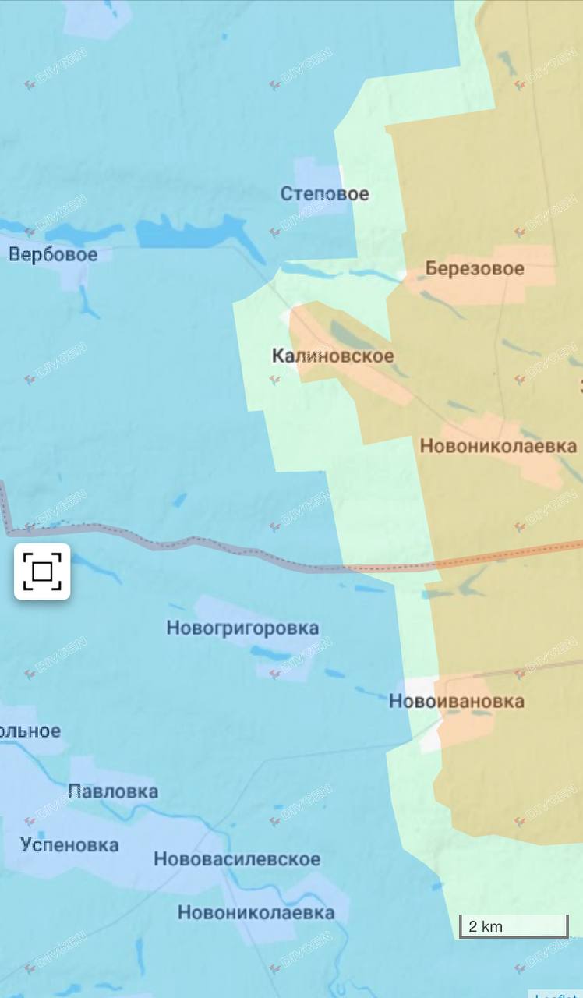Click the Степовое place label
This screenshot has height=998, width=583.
[x=324, y=193]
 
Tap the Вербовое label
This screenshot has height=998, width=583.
[x=53, y=254]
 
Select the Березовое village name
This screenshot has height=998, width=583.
[x=475, y=269]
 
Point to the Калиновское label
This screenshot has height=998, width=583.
[x=332, y=356]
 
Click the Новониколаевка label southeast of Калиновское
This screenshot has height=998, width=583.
[x=498, y=446]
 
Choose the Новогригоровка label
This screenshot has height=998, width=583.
[x=242, y=628]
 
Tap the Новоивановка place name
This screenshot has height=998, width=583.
[x=456, y=701]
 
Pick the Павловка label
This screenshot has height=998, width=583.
[x=113, y=791]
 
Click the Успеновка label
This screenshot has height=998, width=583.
[x=69, y=844]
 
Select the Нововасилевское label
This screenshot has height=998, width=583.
[x=236, y=859]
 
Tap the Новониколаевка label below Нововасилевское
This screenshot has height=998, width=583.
[x=256, y=912]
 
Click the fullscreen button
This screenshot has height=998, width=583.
[x=42, y=572]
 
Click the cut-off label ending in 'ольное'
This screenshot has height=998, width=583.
[x=30, y=731]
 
